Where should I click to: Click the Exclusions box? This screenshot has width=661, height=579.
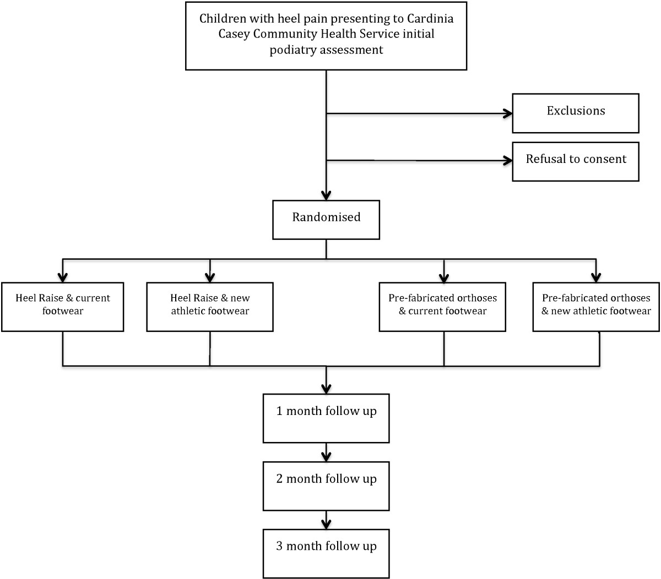click(576, 113)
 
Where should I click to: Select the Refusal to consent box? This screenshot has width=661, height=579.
click(576, 161)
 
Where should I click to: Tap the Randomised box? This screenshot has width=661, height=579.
click(326, 220)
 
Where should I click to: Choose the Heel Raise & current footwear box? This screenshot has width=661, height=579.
click(63, 307)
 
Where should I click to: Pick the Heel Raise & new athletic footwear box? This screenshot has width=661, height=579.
click(210, 307)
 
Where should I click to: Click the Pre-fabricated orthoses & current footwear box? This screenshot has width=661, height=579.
click(442, 307)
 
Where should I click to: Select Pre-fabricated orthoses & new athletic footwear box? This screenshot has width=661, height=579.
click(596, 307)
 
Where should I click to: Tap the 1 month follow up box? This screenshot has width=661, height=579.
click(326, 418)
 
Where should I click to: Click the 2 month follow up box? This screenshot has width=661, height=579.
click(326, 486)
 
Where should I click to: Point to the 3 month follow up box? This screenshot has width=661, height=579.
click(326, 554)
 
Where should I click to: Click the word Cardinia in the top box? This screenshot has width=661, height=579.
click(430, 19)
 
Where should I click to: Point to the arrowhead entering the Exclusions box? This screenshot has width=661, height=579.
click(508, 113)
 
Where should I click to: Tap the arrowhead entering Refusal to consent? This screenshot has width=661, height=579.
click(508, 160)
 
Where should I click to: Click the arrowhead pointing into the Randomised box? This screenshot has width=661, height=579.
click(326, 195)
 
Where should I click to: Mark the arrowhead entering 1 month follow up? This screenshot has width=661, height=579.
click(326, 389)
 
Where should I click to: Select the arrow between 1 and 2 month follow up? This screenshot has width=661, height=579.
click(326, 452)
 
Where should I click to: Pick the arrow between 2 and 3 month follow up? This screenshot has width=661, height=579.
click(326, 520)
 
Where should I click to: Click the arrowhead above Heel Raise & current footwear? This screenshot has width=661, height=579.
click(63, 277)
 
